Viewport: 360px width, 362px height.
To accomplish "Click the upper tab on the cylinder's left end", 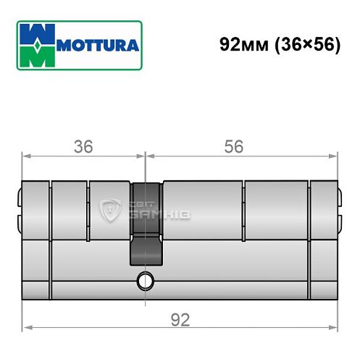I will [17, 195].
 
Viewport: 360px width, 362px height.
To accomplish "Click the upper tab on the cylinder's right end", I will [338, 195].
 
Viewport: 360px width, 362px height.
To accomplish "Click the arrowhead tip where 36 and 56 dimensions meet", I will [146, 156].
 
